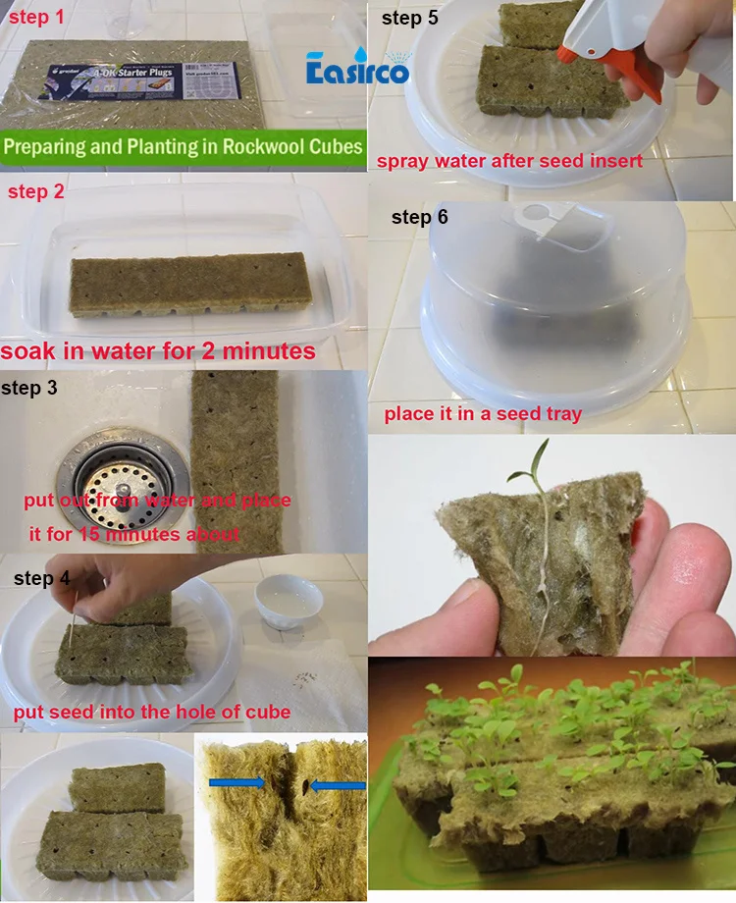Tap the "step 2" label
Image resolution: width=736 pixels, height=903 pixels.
coord(36,191)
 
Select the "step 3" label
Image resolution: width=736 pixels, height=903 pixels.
coord(29,388)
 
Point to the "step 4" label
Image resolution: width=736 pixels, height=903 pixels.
coord(42,578)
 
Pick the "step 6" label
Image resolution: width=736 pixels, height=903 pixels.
coord(419,217)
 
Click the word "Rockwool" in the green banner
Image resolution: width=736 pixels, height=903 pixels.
coord(264,148)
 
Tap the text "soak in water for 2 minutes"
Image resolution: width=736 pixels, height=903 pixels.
coord(158,351)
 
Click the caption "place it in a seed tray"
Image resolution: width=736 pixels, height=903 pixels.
coord(482,413)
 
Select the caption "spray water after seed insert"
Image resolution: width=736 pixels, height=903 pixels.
coord(509,160)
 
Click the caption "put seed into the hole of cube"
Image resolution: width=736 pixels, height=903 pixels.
coord(152,711)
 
